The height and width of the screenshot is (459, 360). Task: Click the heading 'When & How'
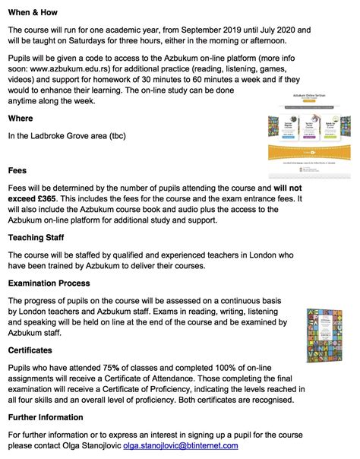(34, 13)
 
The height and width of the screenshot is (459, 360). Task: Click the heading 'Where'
(21, 119)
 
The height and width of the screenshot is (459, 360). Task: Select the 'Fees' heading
(19, 171)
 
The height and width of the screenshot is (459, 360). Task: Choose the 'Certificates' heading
(30, 350)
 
